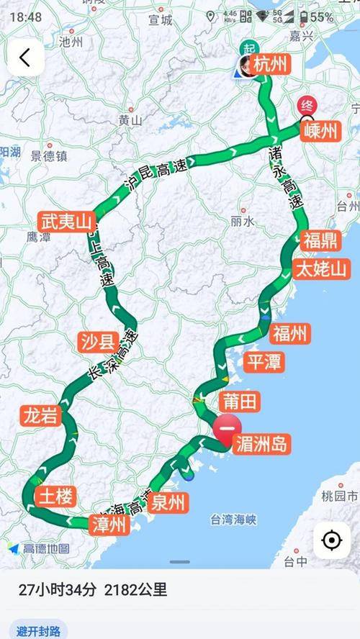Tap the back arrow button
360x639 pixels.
click(25, 58)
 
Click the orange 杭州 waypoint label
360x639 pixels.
click(271, 65)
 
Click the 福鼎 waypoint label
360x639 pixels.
click(320, 240)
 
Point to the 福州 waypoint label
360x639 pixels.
click(290, 333)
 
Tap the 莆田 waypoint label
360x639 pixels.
click(241, 402)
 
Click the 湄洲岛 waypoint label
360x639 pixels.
click(262, 444)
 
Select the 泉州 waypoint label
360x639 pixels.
click(169, 502)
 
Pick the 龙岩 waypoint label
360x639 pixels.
click(42, 416)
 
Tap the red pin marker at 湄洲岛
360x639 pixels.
click(227, 430)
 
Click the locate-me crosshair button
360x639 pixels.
click(332, 540)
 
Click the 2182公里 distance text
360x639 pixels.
click(136, 590)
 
